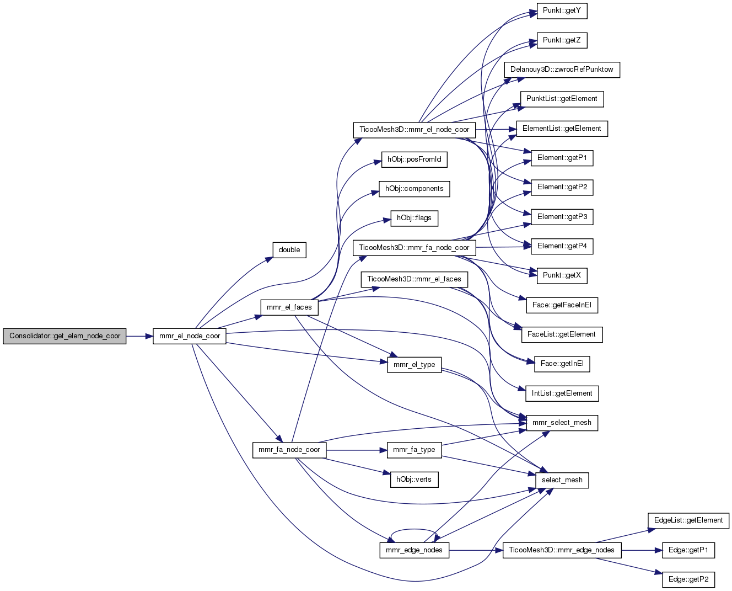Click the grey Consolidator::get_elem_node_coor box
click(64, 336)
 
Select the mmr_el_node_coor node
click(190, 336)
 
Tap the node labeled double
click(289, 250)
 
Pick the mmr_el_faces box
click(289, 307)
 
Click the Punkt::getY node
click(562, 11)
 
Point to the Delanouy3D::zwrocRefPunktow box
click(562, 70)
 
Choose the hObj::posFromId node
click(415, 160)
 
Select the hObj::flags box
click(415, 219)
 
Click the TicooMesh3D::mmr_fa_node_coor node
click(415, 248)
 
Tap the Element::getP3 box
click(562, 217)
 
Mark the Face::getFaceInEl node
click(562, 306)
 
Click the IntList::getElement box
click(562, 394)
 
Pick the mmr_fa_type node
click(415, 450)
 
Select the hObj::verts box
click(415, 480)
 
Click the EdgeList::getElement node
click(688, 521)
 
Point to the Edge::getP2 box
click(688, 580)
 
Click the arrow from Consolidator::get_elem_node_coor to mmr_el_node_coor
click(140, 337)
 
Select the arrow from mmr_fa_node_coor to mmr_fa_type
click(357, 450)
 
